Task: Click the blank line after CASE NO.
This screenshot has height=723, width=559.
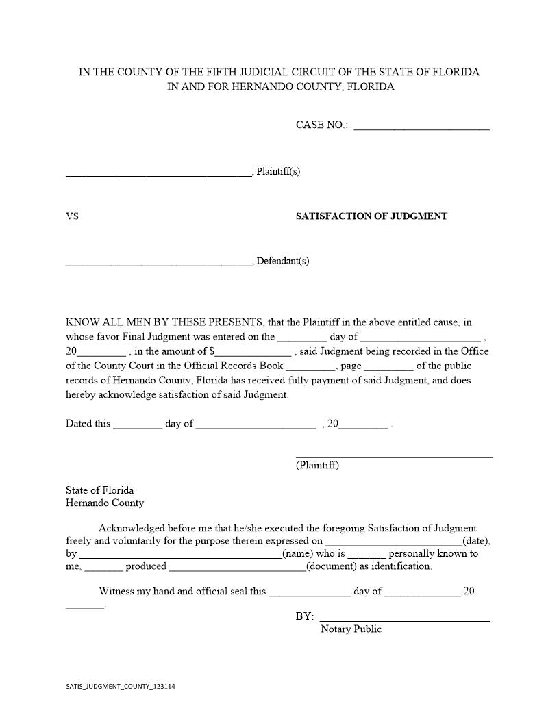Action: [421, 127]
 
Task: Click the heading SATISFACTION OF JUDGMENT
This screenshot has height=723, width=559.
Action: [371, 216]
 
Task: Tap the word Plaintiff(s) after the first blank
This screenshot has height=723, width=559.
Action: [277, 171]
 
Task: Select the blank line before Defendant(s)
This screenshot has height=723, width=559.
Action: [159, 263]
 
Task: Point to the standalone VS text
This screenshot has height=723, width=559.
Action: [72, 216]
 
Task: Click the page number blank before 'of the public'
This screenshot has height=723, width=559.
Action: [388, 368]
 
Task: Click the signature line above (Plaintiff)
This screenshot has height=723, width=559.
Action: [394, 455]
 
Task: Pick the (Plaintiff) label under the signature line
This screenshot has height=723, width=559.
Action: [317, 466]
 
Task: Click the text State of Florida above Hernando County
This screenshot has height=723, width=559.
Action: [99, 490]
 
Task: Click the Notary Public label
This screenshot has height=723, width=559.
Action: [351, 629]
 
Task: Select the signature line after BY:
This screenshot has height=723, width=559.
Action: [404, 619]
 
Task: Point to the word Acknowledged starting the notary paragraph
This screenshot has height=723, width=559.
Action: [131, 528]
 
